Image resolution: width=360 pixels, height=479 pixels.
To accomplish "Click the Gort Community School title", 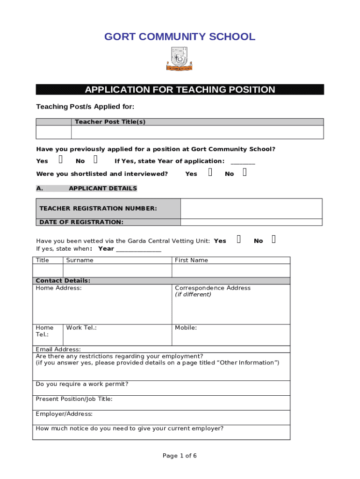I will pos(180,37).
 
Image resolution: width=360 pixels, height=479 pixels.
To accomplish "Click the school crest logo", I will pos(180,59).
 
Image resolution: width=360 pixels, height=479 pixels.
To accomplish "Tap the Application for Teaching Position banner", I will pos(180,90).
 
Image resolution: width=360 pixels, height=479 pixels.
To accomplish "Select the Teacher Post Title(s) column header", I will pos(110,122).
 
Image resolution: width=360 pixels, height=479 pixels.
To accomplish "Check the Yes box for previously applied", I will pos(61,160).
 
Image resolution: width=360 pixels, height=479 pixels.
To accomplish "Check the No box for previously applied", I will pos(96,160).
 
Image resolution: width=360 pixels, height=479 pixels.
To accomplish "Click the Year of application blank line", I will pos(243,162).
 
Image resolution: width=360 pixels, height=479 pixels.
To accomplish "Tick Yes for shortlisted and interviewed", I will pos(210,173).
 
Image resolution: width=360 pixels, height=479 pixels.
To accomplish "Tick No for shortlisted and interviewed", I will pos(245,173).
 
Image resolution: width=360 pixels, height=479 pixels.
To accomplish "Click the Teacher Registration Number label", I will pos(98,209).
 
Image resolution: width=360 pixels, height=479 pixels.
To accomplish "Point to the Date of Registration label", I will pos(81,222).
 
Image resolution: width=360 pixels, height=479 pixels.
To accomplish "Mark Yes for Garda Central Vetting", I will pos(239,240).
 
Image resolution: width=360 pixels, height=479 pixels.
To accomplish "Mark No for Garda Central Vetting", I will pos(274,240).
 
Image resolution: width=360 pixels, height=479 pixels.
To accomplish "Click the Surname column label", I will pos(80,260).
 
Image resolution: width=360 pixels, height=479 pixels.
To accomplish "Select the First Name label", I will pos(191,260).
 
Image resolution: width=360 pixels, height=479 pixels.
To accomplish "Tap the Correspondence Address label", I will pos(213,288).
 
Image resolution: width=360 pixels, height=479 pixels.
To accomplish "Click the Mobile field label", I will pos(186,328).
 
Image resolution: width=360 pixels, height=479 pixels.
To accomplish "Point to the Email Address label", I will pos(58,349).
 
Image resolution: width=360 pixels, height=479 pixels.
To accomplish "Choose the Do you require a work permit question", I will pos(82,385).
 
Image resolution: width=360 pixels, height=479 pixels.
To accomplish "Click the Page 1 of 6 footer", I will pos(180,456).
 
